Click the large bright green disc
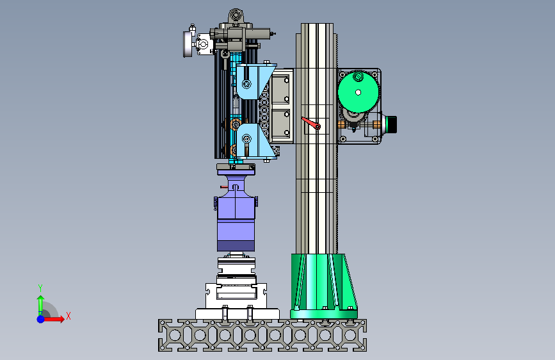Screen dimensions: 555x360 [x=358, y=92]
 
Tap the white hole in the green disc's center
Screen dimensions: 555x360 [x=358, y=92]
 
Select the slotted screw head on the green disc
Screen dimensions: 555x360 [x=358, y=76]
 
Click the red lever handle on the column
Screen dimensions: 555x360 [x=310, y=123]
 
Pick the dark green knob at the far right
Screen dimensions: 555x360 [x=392, y=124]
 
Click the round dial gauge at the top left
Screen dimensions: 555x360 [x=188, y=44]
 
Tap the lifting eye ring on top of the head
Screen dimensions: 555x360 [x=236, y=15]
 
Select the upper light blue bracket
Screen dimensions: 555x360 [x=255, y=82]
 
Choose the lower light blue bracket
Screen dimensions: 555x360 [x=255, y=141]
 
